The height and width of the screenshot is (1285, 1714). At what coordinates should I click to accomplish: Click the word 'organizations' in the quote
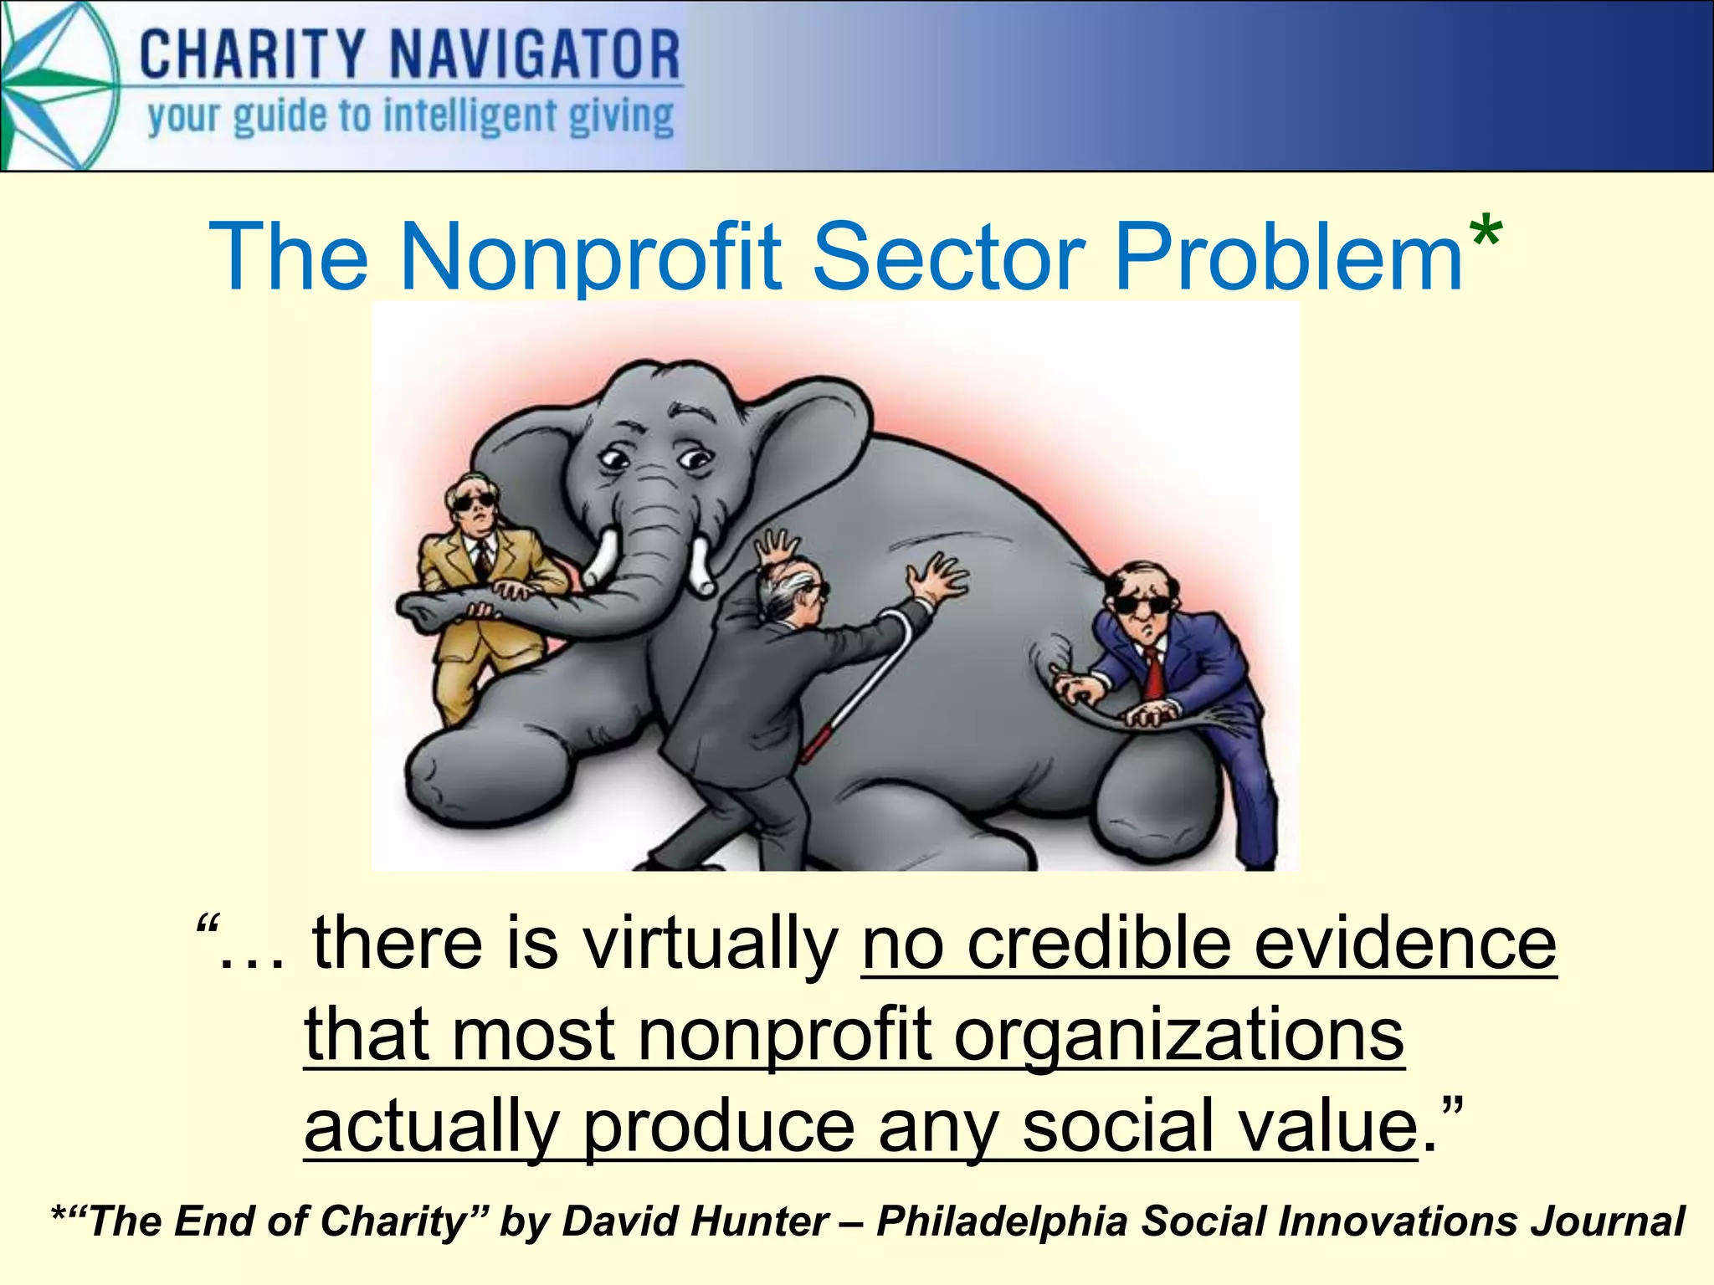1179,1035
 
